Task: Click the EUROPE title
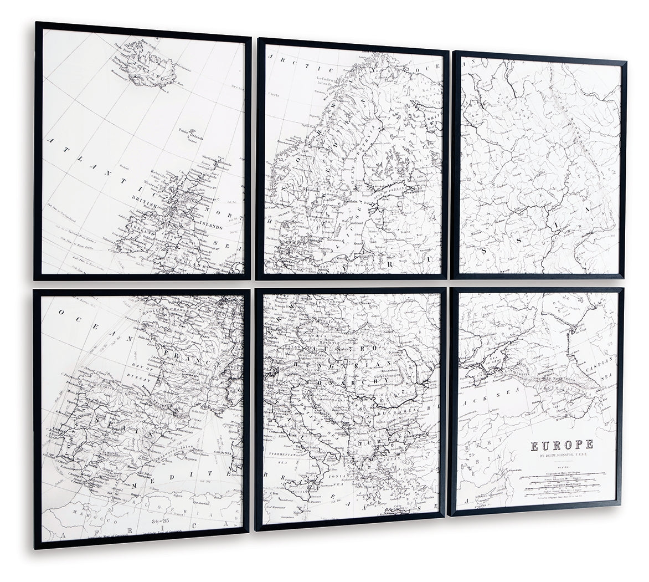[x=562, y=445]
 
